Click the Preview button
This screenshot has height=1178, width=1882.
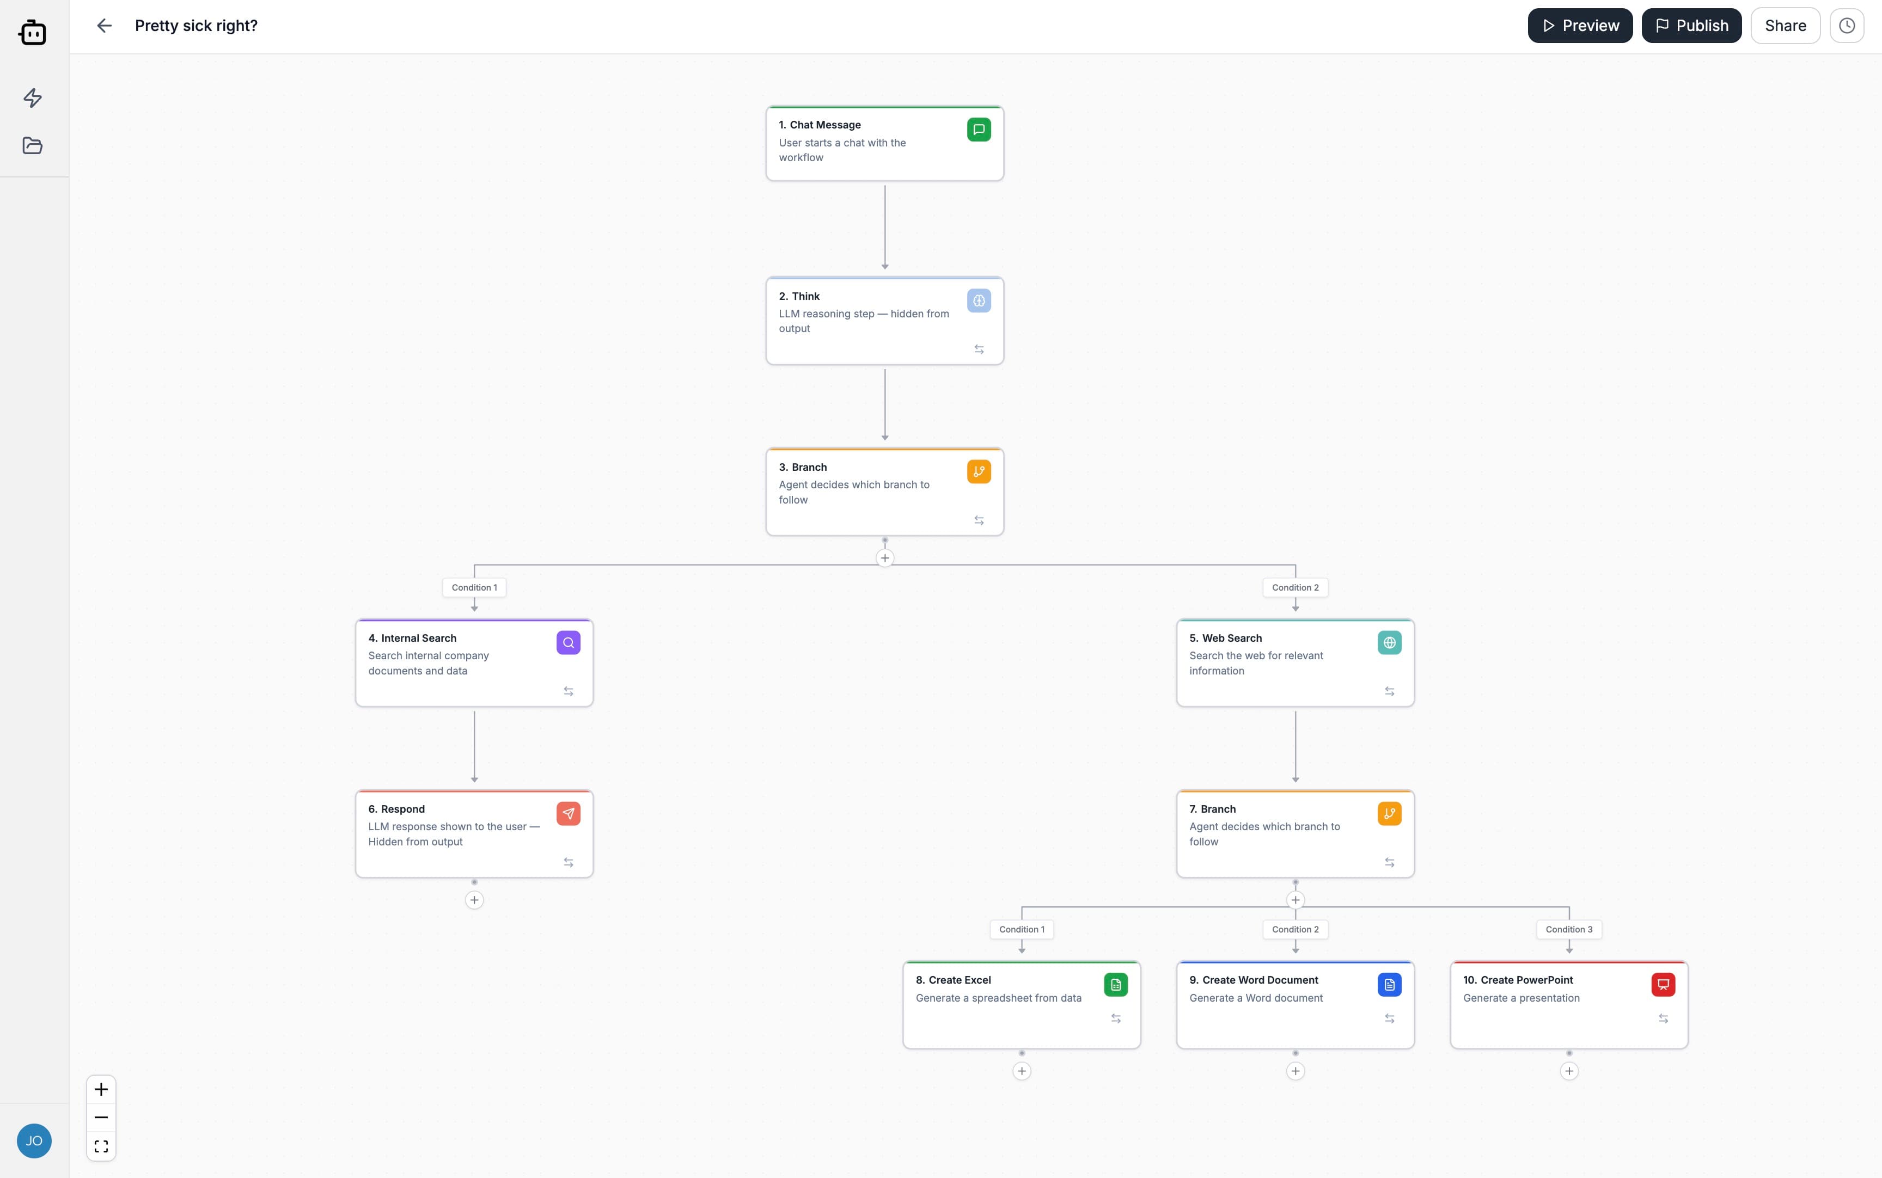pos(1580,26)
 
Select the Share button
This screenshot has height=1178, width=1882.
pos(1785,26)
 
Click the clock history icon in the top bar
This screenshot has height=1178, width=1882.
pos(1846,26)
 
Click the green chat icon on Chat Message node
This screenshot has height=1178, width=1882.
pos(979,130)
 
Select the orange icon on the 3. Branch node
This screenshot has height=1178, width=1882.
pos(979,471)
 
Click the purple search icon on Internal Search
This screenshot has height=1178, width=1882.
pos(568,643)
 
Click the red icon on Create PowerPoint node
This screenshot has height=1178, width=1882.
pos(1663,985)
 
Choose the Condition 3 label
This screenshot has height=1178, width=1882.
pos(1569,929)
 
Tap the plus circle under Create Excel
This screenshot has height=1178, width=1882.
pos(1022,1071)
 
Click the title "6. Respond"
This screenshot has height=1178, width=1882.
pos(396,809)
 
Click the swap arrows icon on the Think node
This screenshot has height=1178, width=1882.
pos(979,350)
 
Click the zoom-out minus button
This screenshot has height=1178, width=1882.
pos(101,1117)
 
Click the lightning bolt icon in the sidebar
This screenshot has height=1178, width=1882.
pos(33,98)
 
